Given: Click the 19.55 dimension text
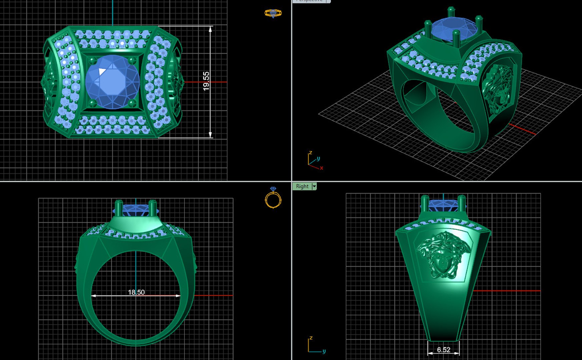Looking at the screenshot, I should [206, 81].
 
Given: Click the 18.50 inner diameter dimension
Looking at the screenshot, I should [136, 292].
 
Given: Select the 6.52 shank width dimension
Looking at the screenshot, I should [444, 350].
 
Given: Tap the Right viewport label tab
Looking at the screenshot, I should [302, 186].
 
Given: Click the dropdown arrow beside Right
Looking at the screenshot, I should [314, 186].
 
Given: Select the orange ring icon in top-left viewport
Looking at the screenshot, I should [273, 13].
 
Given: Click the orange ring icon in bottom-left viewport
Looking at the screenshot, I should [273, 199].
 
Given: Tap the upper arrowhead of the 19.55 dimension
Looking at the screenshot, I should [210, 30].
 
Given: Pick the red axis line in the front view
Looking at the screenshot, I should [213, 295].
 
